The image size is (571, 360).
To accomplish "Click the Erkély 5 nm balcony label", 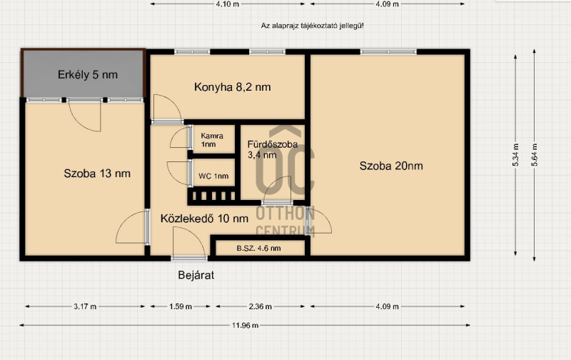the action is (88, 75).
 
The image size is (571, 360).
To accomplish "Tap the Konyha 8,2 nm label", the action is (233, 87).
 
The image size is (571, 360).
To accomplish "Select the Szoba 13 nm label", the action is (97, 174).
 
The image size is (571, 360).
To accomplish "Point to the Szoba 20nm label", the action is (391, 166).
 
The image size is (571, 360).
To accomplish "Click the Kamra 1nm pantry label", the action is (212, 140).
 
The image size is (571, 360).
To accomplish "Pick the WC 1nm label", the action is (213, 176).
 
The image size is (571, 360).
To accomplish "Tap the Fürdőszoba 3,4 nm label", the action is (273, 149).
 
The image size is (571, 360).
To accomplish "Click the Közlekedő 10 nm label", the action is (204, 219).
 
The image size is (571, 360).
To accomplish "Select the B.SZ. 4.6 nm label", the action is (258, 249).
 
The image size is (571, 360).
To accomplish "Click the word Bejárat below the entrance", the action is (196, 275).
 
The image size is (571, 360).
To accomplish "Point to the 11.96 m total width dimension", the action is (245, 325).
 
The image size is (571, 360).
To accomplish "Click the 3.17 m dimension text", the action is (85, 306).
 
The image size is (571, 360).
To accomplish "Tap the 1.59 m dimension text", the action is (181, 306).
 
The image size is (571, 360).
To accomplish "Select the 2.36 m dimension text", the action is (261, 306).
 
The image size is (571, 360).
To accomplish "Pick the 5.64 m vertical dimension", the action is (534, 155).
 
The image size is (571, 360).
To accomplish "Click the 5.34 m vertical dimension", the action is (515, 155).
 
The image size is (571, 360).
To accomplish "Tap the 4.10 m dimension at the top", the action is (228, 4).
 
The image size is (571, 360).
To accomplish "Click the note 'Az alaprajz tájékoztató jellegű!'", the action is (312, 26).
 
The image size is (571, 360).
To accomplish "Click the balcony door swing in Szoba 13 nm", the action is (84, 116).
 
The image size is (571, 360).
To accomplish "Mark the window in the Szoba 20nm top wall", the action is (388, 52).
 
